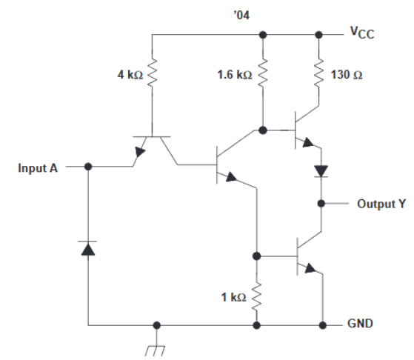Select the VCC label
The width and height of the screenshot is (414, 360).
[x=363, y=33]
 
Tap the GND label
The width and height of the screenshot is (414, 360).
[x=362, y=325]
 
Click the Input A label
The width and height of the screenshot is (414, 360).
[x=38, y=168]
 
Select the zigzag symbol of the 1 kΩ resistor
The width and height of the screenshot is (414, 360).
[x=257, y=296]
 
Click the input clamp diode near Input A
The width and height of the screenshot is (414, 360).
[x=88, y=248]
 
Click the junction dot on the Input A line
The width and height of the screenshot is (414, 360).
[x=88, y=167]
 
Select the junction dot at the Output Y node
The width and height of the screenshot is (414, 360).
[x=321, y=203]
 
